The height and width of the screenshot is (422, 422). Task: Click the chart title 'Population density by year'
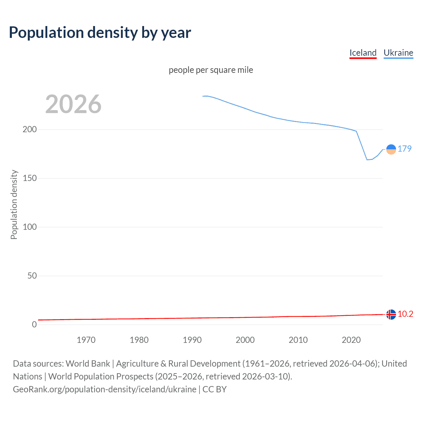pos(100,33)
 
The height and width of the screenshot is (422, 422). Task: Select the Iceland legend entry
pos(363,53)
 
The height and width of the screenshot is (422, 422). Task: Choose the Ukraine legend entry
pos(398,53)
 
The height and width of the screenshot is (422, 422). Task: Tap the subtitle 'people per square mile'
pos(211,70)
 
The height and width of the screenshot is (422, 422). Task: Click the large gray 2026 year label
pos(73,104)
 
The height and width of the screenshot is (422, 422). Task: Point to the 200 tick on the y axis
pos(30,129)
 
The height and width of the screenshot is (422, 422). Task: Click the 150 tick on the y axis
pos(30,178)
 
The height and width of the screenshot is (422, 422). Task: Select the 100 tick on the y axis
pos(30,227)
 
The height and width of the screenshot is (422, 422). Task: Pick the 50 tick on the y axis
pos(32,276)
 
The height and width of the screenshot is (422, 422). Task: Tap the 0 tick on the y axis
pos(34,324)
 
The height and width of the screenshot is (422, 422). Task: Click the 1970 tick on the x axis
pos(86,340)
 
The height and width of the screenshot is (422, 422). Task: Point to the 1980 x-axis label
pos(139,340)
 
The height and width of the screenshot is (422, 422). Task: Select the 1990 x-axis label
pos(192,340)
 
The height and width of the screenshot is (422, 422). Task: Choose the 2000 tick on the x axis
pos(245,340)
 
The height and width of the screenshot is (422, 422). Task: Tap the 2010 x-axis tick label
pos(298,340)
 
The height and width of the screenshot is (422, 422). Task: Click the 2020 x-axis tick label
pos(351,340)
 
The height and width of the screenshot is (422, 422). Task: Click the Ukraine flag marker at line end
pos(391,149)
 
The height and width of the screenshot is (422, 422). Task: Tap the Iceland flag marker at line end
pos(391,315)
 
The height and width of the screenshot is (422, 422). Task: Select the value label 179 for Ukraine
pos(405,149)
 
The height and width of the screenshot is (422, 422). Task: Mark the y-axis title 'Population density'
pos(14,204)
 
